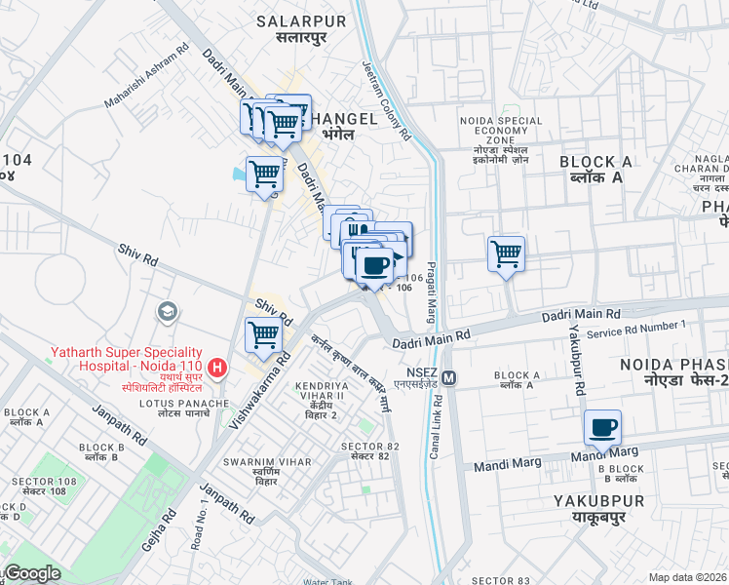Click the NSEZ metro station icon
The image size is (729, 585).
pos(449,376)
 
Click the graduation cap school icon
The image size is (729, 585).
pos(168,312)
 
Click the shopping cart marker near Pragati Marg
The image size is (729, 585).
pos(506,254)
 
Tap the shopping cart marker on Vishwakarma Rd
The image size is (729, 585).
pos(264,335)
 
